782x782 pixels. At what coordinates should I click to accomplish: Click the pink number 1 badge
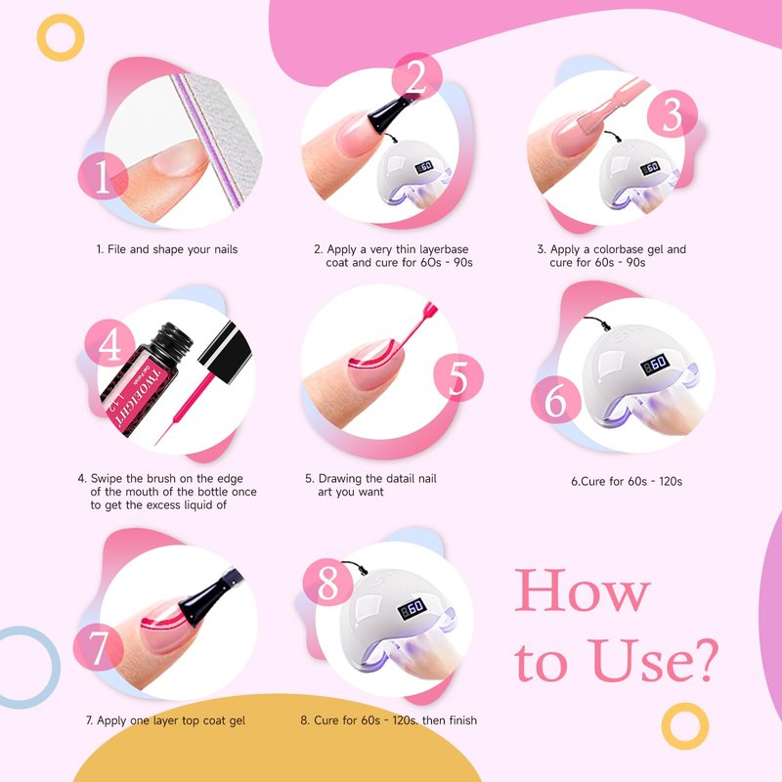click(x=103, y=176)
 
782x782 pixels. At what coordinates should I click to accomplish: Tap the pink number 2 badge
click(x=417, y=77)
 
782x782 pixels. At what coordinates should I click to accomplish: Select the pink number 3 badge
click(x=672, y=114)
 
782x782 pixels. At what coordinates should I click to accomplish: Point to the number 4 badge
click(x=109, y=343)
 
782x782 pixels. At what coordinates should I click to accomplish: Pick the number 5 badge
click(x=457, y=377)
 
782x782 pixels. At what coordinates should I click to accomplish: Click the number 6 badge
click(x=555, y=400)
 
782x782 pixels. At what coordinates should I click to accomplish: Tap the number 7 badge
click(x=99, y=647)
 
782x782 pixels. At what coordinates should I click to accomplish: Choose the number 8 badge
click(x=327, y=582)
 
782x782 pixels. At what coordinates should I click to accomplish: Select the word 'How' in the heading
click(x=582, y=591)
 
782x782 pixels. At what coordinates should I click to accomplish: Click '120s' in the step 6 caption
click(x=671, y=481)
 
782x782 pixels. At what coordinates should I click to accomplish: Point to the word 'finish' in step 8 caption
click(x=462, y=720)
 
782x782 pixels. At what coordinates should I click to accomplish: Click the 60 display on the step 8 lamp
click(x=412, y=608)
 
